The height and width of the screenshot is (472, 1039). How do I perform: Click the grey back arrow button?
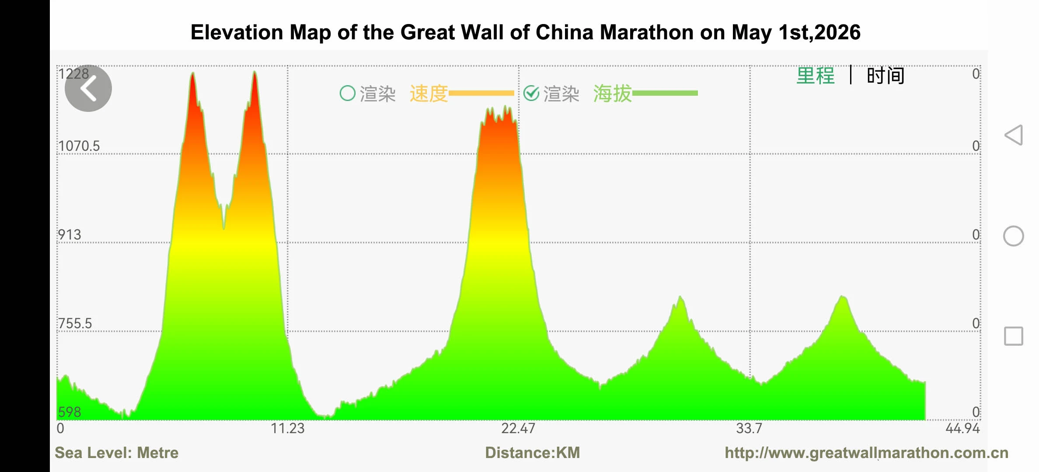[x=88, y=88]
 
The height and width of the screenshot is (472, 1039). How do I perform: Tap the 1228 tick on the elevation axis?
[x=74, y=73]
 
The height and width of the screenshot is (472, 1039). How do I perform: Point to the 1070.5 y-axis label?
[x=79, y=146]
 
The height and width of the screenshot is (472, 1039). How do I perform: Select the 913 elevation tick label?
[x=70, y=235]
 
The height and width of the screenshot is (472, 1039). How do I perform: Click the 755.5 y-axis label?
[x=75, y=323]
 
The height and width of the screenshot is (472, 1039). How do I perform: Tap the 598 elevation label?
[x=70, y=412]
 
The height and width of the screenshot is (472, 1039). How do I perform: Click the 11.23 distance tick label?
[x=287, y=428]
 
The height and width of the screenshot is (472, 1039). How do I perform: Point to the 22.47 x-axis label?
[x=518, y=428]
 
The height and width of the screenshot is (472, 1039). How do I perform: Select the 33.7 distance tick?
[x=749, y=428]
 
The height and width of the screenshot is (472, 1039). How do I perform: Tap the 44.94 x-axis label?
[x=962, y=428]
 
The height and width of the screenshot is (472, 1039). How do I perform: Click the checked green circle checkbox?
[x=531, y=93]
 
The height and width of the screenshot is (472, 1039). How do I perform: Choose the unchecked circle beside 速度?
[x=348, y=93]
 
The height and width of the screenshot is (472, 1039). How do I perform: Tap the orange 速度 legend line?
[x=481, y=93]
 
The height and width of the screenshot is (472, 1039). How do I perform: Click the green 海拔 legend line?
[x=665, y=93]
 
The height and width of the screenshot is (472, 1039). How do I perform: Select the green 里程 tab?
[x=816, y=76]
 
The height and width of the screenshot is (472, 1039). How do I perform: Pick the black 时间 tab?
[x=886, y=76]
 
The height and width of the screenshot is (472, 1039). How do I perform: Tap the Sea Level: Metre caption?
[x=116, y=453]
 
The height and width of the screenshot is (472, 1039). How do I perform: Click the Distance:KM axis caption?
[x=532, y=453]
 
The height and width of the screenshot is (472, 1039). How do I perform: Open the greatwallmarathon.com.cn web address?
[x=866, y=453]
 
